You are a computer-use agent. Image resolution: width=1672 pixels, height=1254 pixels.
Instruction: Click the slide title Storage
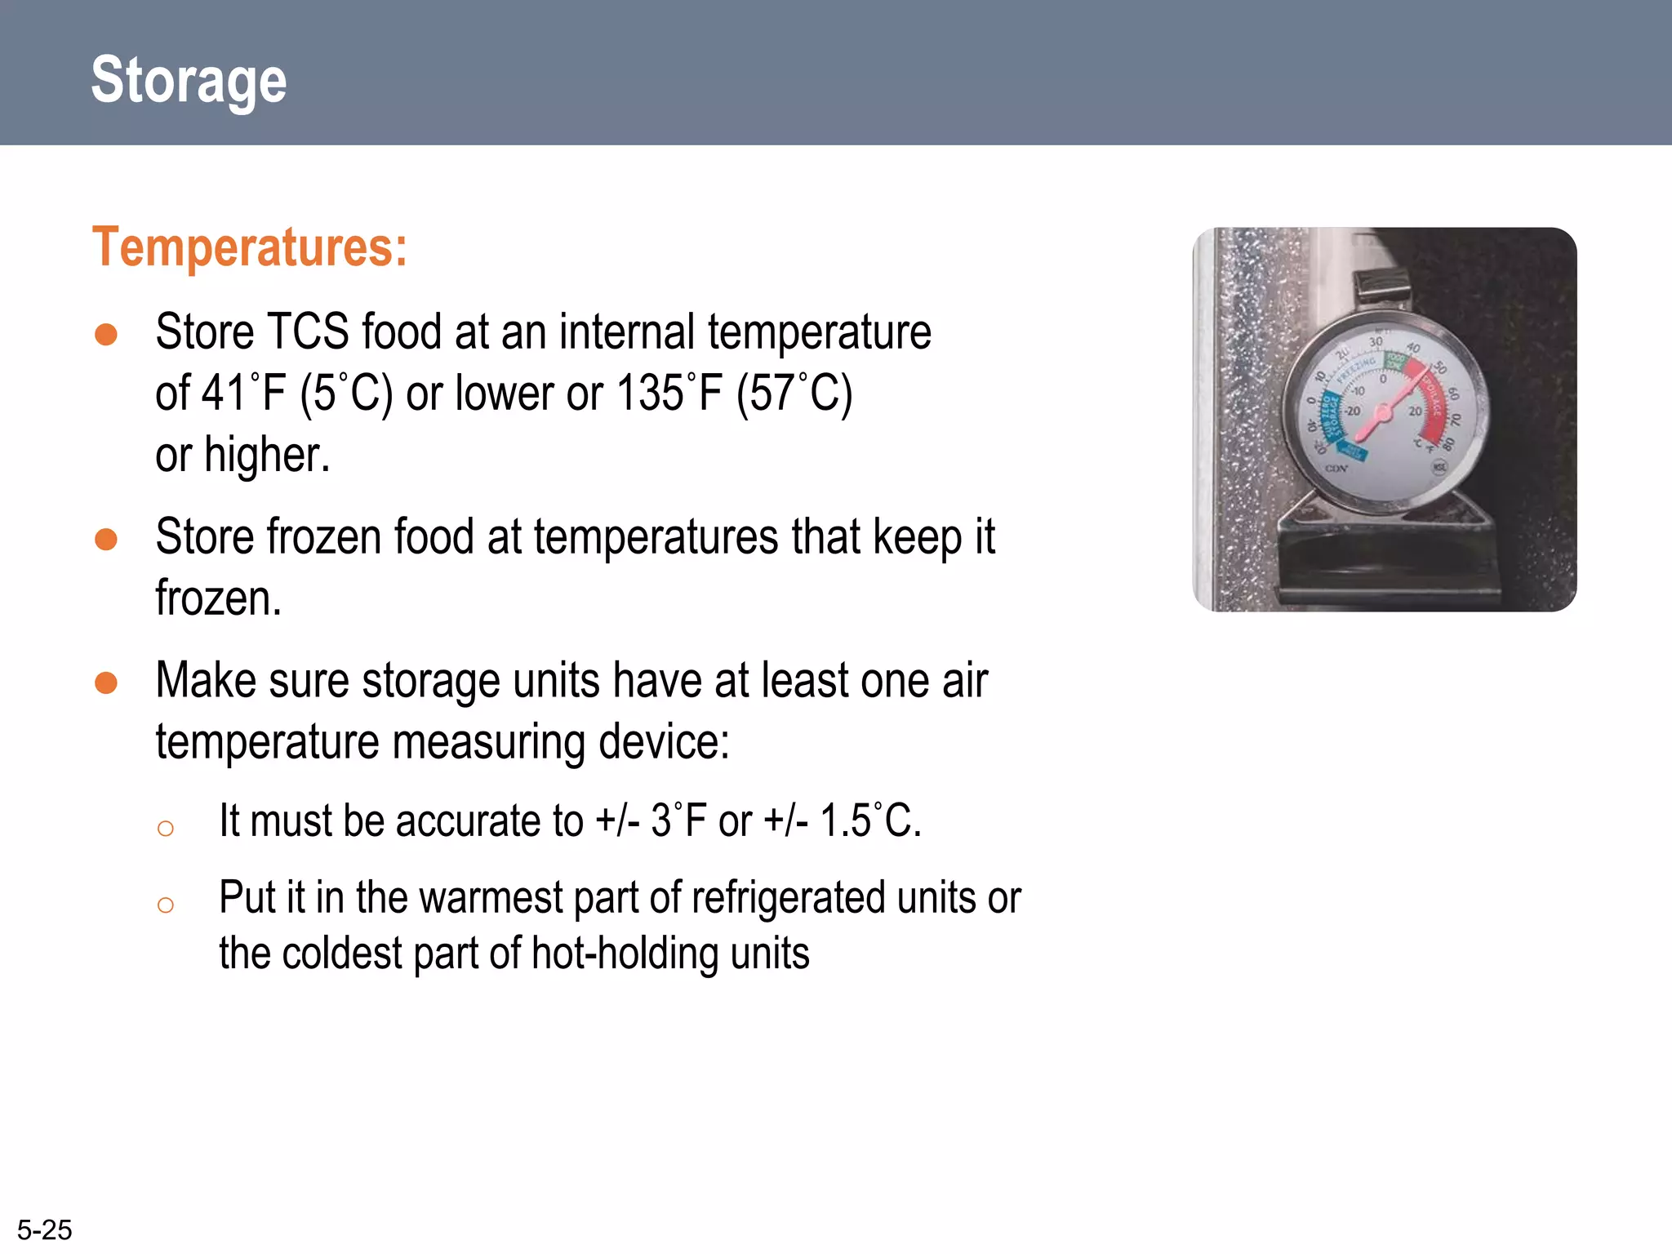[189, 80]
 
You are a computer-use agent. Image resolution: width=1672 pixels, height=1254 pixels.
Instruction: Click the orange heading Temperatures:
[249, 247]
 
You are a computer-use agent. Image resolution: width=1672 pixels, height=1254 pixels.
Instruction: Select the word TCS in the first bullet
[308, 332]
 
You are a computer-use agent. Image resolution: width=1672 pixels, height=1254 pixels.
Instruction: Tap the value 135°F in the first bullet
[669, 393]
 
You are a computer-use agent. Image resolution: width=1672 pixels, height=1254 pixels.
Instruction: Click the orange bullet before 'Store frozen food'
[106, 539]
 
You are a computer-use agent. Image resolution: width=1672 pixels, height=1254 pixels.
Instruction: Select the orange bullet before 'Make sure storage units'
[106, 683]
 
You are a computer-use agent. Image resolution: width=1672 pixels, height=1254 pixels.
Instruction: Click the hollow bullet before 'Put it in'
[166, 905]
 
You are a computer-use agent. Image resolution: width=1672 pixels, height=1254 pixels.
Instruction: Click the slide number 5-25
[45, 1230]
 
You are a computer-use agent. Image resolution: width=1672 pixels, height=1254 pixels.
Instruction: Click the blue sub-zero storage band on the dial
[1327, 416]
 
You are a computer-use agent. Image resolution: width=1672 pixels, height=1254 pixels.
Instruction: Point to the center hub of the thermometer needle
[1382, 413]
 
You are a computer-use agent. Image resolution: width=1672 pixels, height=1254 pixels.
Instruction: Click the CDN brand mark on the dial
[1336, 469]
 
